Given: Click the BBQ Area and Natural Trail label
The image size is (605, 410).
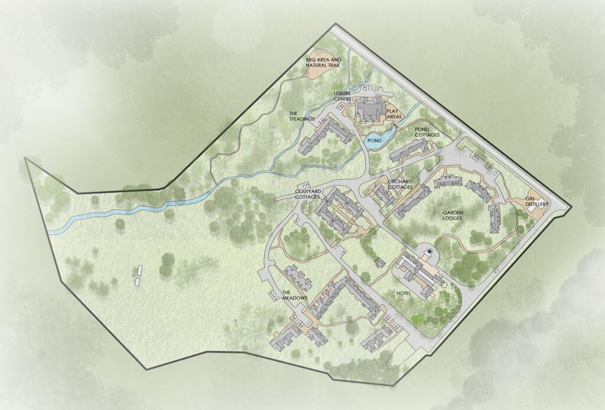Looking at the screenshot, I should pos(323,63).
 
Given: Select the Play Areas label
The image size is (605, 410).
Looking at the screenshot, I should pos(394,114).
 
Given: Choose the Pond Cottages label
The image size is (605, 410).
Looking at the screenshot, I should pos(428,132).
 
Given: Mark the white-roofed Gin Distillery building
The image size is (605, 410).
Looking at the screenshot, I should pos(528,201).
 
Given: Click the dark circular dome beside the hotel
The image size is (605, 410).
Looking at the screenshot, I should pos(430,253).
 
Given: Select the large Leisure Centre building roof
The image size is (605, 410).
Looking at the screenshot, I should pos(370,109).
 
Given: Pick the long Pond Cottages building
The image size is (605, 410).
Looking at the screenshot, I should pos(408,148).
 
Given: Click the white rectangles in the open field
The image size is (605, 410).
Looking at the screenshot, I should pos(139,276).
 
